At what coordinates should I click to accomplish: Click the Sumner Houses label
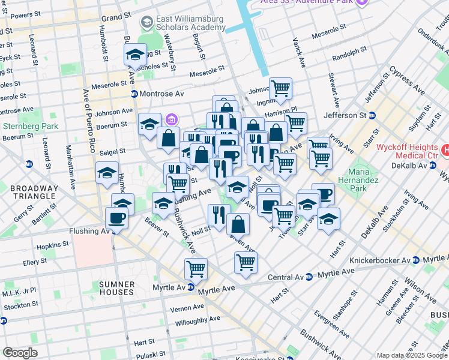coord(109,287)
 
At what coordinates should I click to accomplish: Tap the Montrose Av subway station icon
coord(135,94)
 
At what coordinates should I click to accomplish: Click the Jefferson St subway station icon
coord(373,115)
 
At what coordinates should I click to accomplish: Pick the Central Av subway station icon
coord(309,277)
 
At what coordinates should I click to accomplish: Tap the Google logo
coord(20,353)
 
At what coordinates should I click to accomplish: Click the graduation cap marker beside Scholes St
coord(136,55)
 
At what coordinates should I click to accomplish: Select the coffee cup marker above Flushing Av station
coord(116,217)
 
